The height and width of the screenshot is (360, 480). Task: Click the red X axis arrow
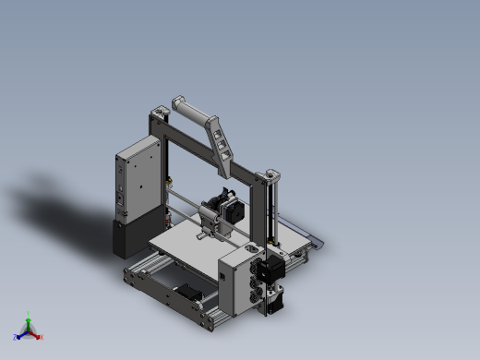[38, 336]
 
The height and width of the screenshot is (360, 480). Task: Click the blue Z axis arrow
[19, 336]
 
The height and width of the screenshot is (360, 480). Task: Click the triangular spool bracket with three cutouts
[222, 143]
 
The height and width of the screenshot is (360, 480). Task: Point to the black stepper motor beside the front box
[270, 271]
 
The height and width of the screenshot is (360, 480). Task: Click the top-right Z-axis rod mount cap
[271, 174]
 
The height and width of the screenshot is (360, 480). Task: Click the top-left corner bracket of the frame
[158, 115]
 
